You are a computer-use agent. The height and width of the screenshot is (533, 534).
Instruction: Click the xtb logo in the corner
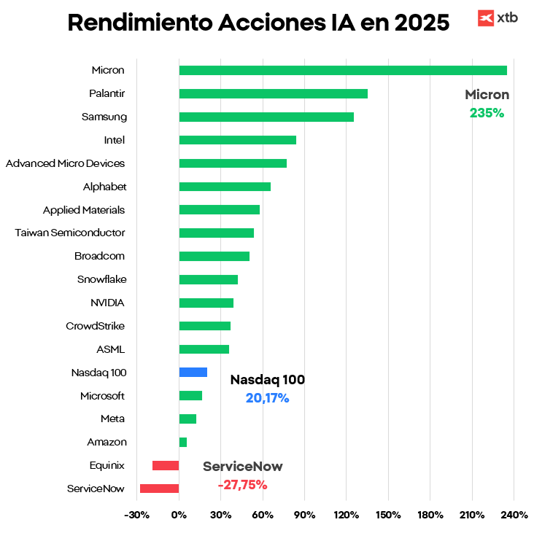498,17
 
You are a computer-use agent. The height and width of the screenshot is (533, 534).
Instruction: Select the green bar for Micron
343,70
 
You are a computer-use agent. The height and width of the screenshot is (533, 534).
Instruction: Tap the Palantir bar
273,93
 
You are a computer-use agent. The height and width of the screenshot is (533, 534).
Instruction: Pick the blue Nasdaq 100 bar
193,373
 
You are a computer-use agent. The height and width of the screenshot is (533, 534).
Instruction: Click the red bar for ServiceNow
159,489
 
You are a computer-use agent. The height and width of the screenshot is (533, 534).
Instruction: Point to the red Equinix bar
166,465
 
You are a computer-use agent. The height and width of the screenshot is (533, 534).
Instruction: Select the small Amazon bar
183,442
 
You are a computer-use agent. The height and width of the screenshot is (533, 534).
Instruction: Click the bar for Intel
237,140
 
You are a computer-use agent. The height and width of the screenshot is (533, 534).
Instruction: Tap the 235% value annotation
487,113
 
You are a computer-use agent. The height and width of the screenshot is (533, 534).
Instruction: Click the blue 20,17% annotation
267,398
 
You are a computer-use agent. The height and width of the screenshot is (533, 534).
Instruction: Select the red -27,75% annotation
242,485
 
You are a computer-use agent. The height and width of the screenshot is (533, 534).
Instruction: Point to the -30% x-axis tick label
137,516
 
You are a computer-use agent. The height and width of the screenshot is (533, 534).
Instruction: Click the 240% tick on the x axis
514,516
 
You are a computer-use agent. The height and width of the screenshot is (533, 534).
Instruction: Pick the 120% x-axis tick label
347,516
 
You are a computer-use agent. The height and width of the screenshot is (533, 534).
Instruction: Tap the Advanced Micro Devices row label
66,163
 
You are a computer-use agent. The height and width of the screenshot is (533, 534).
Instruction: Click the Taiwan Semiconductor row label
70,233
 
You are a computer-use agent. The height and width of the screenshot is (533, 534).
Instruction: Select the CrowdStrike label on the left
96,326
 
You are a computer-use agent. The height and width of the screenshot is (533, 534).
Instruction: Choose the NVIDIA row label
107,303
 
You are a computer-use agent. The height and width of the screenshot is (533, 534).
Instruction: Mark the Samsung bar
266,117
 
